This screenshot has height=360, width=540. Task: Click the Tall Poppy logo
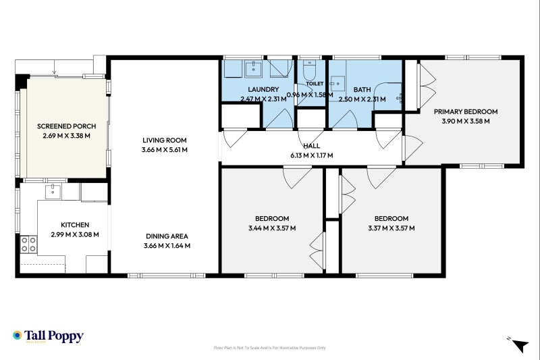48,336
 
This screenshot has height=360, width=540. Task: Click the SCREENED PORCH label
66,126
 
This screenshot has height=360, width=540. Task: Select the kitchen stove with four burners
28,245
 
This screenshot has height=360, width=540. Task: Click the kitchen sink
53,192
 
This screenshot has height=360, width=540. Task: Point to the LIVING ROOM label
165,140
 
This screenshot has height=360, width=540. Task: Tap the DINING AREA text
167,236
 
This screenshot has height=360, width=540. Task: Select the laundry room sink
254,69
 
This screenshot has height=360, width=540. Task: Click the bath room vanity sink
337,84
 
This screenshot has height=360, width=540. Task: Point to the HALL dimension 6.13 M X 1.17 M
312,155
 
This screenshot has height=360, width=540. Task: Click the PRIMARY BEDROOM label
466,111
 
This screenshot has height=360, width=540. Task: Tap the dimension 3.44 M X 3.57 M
272,228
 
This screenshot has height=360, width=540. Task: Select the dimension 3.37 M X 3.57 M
391,228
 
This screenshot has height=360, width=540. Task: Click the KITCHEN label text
75,225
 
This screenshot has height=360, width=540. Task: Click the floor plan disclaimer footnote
269,348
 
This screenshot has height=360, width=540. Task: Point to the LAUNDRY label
263,90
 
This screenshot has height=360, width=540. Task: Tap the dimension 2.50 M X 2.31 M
362,99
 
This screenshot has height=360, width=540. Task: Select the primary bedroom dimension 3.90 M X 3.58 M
466,122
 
